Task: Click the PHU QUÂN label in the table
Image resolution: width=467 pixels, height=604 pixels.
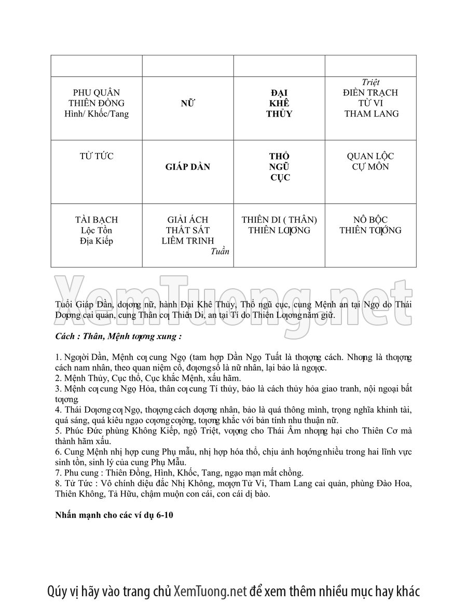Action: (97, 93)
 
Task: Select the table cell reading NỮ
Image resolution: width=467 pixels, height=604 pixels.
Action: (187, 104)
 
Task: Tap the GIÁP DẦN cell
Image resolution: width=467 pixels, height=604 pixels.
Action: (187, 167)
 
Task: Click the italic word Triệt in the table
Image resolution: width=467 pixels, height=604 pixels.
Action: (370, 82)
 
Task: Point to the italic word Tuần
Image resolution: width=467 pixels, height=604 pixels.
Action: (220, 251)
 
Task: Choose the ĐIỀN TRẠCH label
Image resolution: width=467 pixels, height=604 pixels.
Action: (370, 93)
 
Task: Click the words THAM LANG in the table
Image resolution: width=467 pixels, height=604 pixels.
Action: (371, 114)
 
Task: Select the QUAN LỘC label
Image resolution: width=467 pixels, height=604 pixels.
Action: (370, 156)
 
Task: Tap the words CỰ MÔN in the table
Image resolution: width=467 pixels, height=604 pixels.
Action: (370, 167)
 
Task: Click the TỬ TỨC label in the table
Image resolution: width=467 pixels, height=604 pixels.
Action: (97, 156)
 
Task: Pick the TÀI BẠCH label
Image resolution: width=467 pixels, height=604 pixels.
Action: (97, 220)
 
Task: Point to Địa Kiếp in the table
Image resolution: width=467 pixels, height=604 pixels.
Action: (97, 241)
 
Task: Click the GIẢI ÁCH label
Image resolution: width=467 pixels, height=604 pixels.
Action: (187, 220)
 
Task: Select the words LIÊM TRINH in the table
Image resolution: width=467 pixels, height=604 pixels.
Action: (187, 241)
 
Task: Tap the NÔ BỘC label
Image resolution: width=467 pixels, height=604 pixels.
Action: (370, 220)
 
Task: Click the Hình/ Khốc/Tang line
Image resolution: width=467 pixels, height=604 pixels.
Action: (97, 114)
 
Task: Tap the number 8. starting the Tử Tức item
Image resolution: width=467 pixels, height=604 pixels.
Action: (58, 484)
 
